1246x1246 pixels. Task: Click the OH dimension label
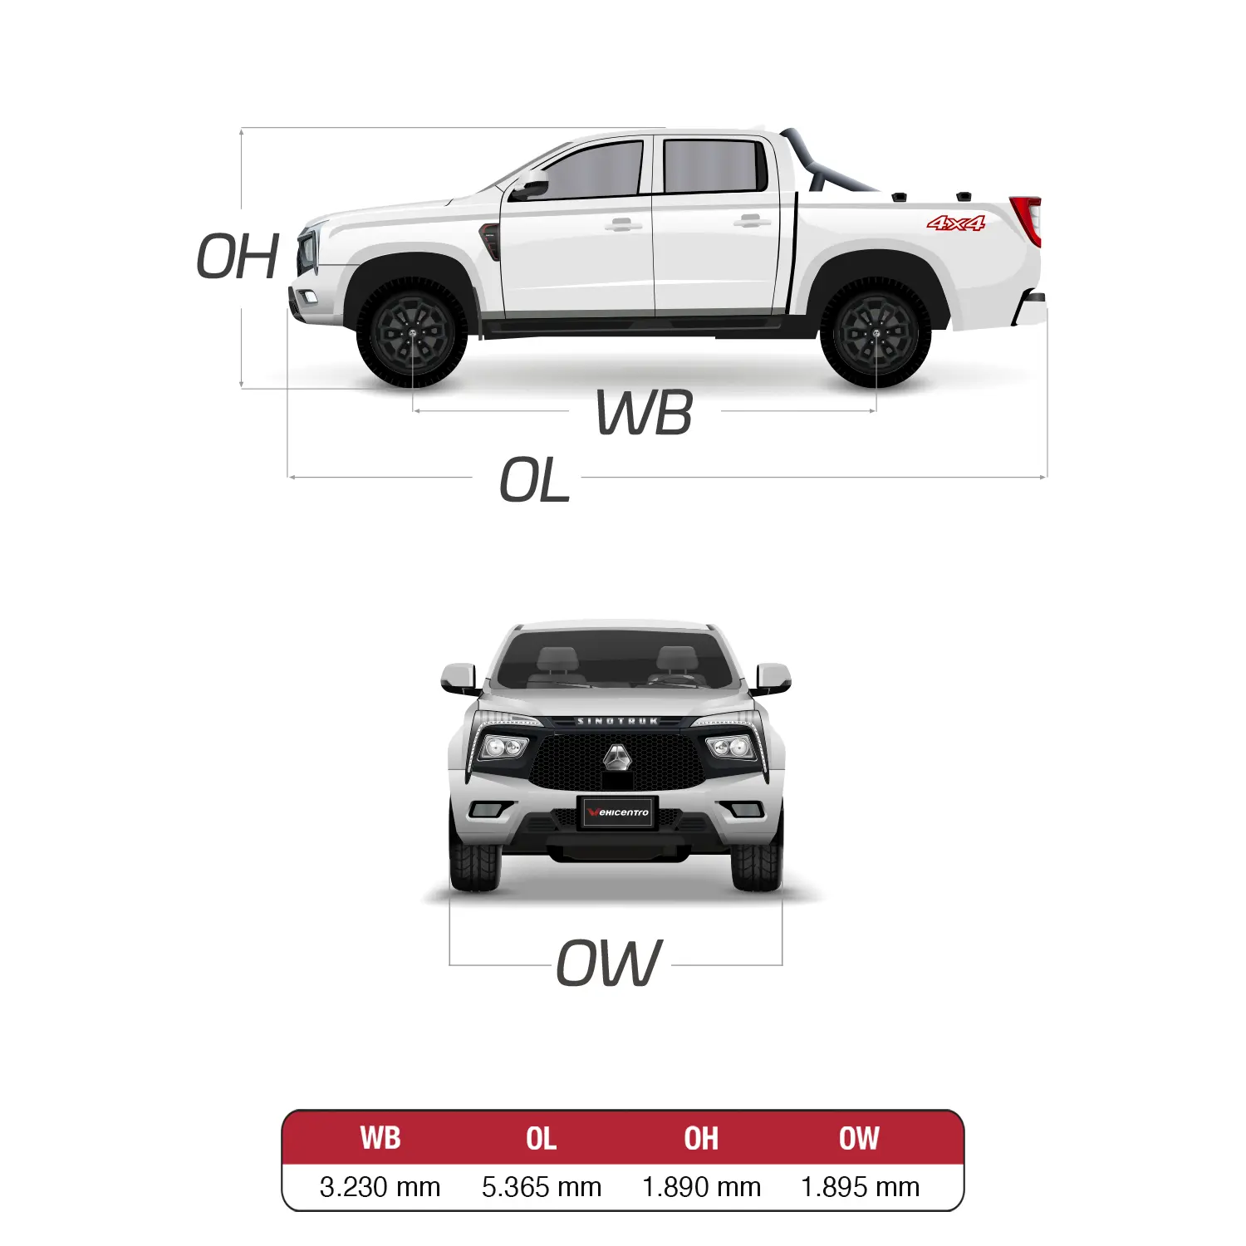pyautogui.click(x=238, y=257)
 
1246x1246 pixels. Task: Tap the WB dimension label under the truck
pyautogui.click(x=645, y=413)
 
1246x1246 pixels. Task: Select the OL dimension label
pyautogui.click(x=535, y=480)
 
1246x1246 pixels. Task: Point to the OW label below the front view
pyautogui.click(x=610, y=963)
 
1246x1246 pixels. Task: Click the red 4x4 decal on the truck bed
pyautogui.click(x=956, y=223)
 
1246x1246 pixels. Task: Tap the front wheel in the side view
pyautogui.click(x=412, y=333)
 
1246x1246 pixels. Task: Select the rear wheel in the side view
pyautogui.click(x=876, y=333)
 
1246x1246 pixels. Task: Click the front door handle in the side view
pyautogui.click(x=623, y=223)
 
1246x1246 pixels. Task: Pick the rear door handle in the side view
pyautogui.click(x=752, y=221)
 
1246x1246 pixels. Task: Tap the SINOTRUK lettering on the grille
pyautogui.click(x=618, y=721)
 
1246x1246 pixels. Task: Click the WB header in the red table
pyautogui.click(x=380, y=1138)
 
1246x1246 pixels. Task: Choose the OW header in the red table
pyautogui.click(x=859, y=1138)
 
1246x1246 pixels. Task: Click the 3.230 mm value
pyautogui.click(x=380, y=1187)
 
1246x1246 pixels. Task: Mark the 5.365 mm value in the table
pyautogui.click(x=542, y=1187)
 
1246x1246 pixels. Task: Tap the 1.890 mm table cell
pyautogui.click(x=701, y=1187)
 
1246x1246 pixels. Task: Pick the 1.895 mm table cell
pyautogui.click(x=861, y=1187)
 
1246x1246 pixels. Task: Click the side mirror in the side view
pyautogui.click(x=529, y=189)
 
